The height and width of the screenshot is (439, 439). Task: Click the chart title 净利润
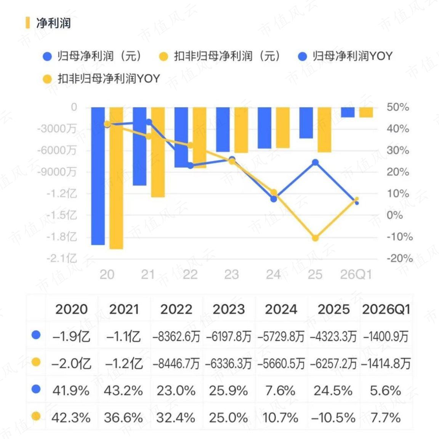click(x=53, y=23)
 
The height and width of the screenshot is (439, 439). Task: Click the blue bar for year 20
click(x=98, y=176)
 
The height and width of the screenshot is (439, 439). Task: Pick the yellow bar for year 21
click(x=158, y=152)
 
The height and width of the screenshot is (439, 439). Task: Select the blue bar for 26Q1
click(x=348, y=112)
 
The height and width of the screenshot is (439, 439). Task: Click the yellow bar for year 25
click(x=325, y=130)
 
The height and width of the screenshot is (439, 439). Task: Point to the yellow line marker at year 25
click(x=315, y=238)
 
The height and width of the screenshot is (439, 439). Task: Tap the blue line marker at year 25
click(x=315, y=162)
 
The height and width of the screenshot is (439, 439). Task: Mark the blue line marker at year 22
click(x=191, y=165)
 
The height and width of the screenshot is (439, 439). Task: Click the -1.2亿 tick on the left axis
click(x=62, y=194)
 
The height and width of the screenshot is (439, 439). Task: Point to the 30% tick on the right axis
click(x=398, y=151)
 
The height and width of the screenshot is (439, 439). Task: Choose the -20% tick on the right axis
click(x=399, y=258)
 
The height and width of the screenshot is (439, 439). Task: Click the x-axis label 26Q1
click(x=356, y=275)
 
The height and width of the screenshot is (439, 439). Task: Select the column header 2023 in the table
click(x=229, y=309)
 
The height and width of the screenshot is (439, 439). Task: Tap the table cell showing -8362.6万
click(x=176, y=336)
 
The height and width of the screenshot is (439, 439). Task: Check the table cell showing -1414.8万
click(x=386, y=364)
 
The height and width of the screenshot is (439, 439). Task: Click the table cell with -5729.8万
click(x=281, y=336)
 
